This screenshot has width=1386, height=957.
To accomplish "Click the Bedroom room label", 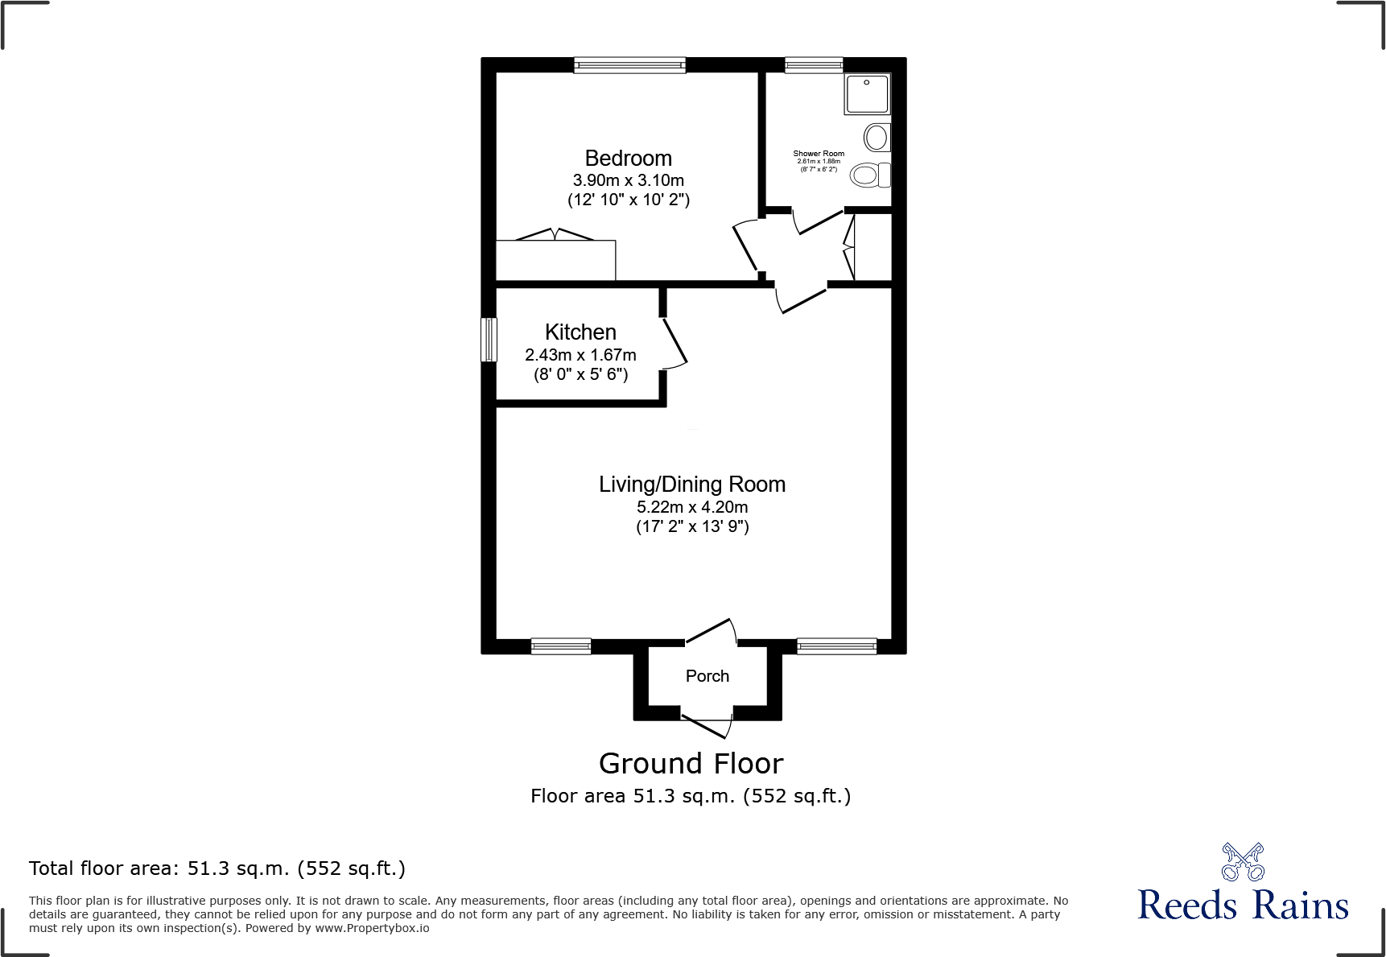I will click(628, 159).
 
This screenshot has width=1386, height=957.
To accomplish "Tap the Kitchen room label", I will click(580, 332).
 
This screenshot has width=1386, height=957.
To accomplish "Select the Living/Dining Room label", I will click(692, 485).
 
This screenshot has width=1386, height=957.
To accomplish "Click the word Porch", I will click(707, 676).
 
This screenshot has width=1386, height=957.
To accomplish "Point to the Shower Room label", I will click(819, 154).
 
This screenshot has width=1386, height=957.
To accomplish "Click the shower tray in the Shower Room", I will click(867, 94).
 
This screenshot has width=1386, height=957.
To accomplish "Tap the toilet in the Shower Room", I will click(869, 175).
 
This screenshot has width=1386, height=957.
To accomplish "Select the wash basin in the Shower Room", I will click(877, 138).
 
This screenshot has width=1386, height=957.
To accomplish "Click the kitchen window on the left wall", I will click(489, 340).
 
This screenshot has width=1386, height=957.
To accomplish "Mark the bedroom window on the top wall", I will click(629, 65).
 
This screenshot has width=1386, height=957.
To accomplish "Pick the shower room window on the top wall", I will click(814, 65).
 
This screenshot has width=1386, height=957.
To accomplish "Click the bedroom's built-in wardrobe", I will click(555, 260).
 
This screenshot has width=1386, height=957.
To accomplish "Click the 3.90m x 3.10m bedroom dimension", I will click(628, 180).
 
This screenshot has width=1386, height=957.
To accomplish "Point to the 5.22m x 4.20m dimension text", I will click(692, 507).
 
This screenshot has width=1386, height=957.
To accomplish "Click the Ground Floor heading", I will click(691, 763).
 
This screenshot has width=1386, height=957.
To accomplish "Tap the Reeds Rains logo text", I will click(1243, 905).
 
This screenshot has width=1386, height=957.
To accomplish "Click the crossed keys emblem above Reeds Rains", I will click(1243, 862).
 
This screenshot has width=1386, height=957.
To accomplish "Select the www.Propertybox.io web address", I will click(372, 928).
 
